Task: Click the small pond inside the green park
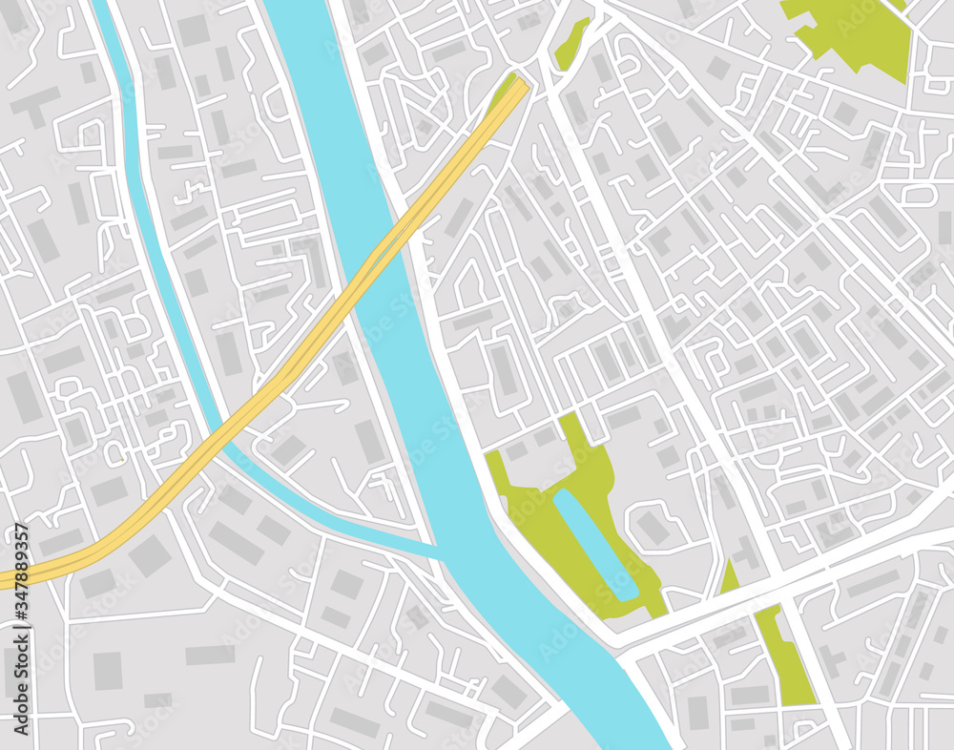[597, 545]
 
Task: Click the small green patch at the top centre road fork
[571, 44]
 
